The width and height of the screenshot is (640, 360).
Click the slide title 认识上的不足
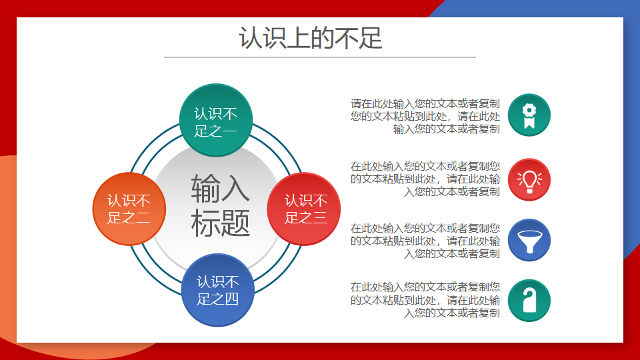[310, 38]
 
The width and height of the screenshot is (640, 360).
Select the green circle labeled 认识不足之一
[216, 120]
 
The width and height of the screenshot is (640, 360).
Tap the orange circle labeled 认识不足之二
[129, 209]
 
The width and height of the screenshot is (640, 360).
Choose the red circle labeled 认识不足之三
[304, 209]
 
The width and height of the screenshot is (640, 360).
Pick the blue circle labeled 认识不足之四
[217, 290]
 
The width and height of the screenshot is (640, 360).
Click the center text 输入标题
[220, 206]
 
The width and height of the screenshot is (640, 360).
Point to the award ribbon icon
[529, 115]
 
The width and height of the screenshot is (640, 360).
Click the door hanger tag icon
[529, 301]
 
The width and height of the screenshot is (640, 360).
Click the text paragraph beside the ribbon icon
[425, 116]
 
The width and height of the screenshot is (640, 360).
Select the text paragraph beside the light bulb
[425, 179]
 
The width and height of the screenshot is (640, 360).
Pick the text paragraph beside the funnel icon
[425, 241]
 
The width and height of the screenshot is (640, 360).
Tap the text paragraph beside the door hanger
[425, 300]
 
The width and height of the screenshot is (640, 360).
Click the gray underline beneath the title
[320, 57]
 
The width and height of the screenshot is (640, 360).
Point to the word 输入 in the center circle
[220, 188]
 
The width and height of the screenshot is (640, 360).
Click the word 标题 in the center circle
[220, 223]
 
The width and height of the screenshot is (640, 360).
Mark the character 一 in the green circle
[229, 131]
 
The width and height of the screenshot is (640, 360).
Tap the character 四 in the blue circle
[231, 299]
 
